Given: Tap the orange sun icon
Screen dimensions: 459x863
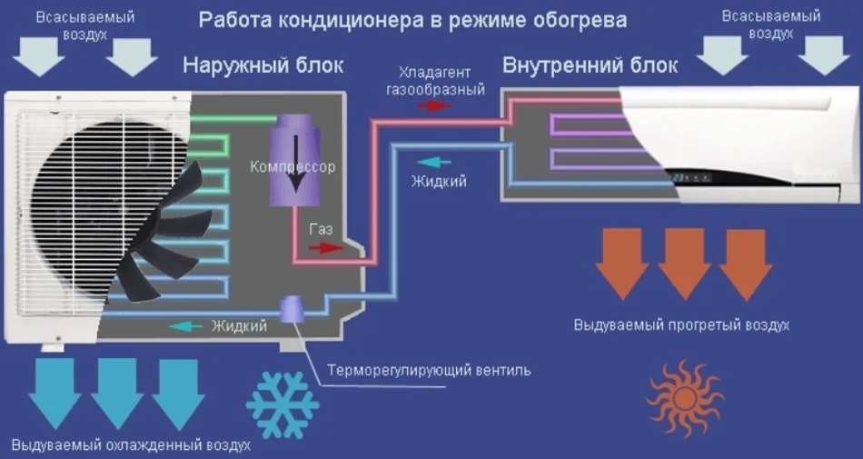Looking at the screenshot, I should point(683,396).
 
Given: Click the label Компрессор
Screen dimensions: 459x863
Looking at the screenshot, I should point(293,167).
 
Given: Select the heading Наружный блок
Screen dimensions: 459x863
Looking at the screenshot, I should point(263,65).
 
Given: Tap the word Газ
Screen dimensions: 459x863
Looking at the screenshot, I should point(322,230).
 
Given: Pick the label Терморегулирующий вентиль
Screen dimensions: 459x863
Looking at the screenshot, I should point(429,371).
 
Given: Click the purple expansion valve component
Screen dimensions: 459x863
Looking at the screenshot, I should point(293,309).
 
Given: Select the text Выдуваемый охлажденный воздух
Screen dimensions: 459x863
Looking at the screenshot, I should point(131,446).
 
